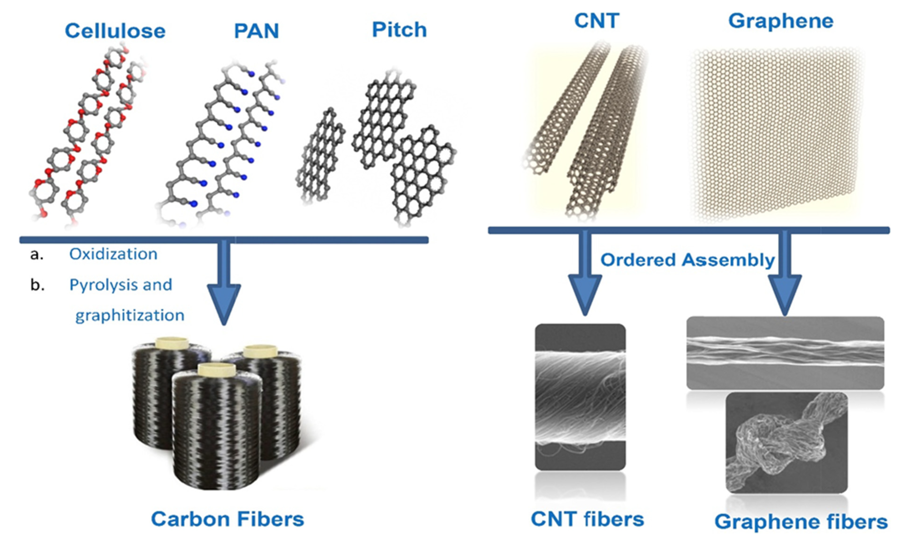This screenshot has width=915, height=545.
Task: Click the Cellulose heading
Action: [115, 31]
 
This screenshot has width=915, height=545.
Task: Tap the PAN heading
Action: [256, 31]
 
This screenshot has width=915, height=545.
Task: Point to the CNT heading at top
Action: [596, 21]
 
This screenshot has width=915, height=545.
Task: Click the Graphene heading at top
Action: [781, 21]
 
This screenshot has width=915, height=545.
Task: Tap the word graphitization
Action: [130, 315]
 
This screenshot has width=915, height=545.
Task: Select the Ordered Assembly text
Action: [687, 260]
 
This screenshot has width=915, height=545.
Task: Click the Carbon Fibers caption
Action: [227, 519]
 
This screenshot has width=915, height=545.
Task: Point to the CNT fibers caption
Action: [587, 519]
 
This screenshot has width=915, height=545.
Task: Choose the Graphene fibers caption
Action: [801, 522]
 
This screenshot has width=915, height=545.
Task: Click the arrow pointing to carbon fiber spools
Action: [224, 290]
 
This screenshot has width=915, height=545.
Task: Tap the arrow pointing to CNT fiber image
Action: [585, 283]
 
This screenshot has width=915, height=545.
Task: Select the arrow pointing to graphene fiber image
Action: [785, 283]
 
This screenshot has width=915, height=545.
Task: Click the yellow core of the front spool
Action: [217, 369]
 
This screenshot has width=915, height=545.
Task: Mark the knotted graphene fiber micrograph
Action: [786, 443]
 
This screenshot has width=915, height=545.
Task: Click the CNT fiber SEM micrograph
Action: [580, 397]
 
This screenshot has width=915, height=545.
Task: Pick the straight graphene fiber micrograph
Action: [785, 352]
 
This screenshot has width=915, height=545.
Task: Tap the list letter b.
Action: [37, 285]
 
